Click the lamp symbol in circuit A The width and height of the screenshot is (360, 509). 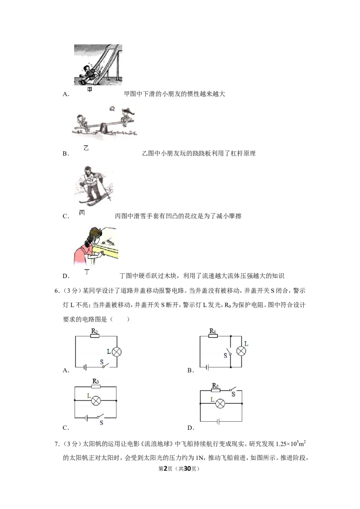point(116,352)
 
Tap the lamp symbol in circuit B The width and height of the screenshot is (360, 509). point(241,351)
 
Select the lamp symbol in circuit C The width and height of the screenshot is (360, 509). point(96,401)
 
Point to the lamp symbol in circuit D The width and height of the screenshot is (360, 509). point(220,403)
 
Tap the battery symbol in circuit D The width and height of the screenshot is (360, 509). point(218,421)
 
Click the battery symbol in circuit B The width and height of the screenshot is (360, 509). point(207,367)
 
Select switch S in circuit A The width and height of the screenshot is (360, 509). point(104,366)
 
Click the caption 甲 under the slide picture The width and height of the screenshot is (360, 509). point(90,89)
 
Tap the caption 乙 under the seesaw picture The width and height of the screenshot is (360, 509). point(86,148)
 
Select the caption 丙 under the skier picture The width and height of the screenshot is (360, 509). point(82,213)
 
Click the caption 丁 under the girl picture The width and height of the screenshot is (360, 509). point(87,272)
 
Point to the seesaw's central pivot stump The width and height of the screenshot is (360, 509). point(104,127)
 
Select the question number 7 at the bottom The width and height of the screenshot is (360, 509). point(57,443)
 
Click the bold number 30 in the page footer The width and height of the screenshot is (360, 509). point(188,469)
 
